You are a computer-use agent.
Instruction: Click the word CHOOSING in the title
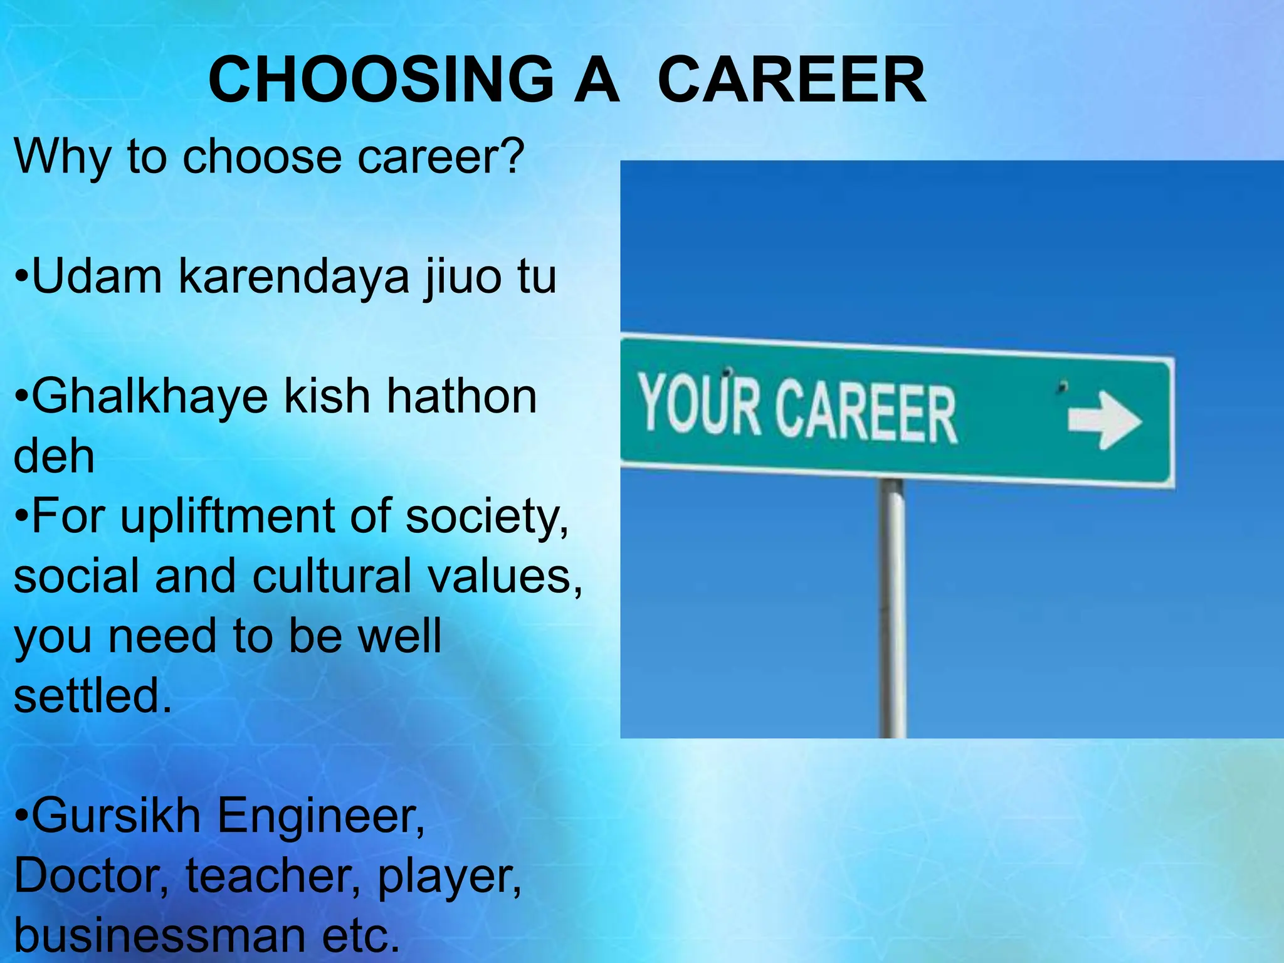(381, 80)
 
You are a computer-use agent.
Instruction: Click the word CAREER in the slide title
(791, 80)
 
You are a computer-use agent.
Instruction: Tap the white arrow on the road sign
(1105, 420)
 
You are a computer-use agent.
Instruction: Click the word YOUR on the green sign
(699, 404)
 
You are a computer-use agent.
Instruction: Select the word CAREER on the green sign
(865, 411)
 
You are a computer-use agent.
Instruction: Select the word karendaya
(294, 277)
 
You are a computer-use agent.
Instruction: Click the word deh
(54, 456)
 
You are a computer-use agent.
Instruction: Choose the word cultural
(332, 576)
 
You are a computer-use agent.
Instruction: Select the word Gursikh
(116, 816)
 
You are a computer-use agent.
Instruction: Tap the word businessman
(160, 935)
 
